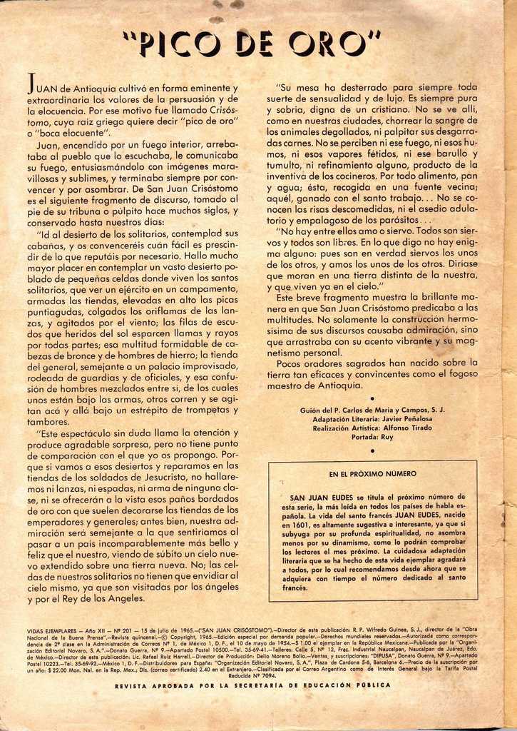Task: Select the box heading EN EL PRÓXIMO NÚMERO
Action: [x=372, y=473]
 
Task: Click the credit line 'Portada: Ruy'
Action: [x=372, y=437]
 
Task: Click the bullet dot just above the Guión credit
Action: [x=372, y=395]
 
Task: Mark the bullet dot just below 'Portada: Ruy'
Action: [x=372, y=451]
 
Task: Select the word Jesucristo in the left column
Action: [x=167, y=477]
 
